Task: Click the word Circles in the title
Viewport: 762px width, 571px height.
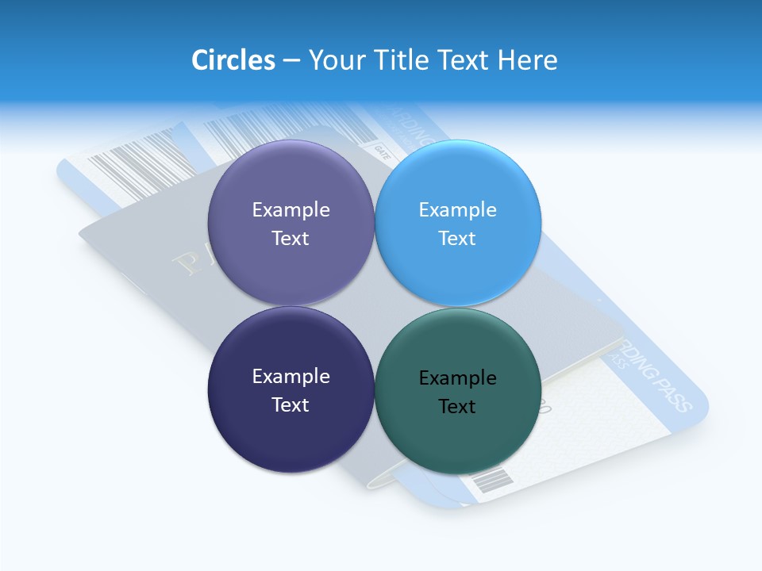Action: tap(233, 60)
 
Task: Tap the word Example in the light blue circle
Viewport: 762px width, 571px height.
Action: tap(458, 209)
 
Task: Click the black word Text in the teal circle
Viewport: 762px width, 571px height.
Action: tap(457, 407)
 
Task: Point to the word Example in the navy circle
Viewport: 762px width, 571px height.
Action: tap(291, 376)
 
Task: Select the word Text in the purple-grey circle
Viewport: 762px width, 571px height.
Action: tap(291, 238)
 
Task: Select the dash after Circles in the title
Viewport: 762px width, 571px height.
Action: tap(291, 61)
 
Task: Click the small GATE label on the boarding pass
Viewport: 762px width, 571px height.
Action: tap(382, 149)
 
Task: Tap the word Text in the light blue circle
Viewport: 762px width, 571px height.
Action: tap(457, 238)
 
